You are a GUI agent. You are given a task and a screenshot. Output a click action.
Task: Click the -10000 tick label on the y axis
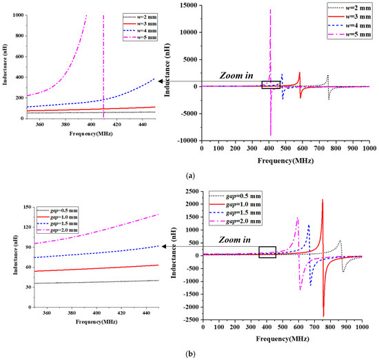[x=187, y=140]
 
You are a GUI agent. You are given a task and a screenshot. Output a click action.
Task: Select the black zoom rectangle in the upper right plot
[x=271, y=85]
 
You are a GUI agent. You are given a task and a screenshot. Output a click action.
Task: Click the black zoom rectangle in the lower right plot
[x=267, y=252]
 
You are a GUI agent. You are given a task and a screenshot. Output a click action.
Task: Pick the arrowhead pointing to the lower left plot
[x=163, y=246]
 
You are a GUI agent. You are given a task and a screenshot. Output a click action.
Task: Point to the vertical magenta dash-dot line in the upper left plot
[x=103, y=62]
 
